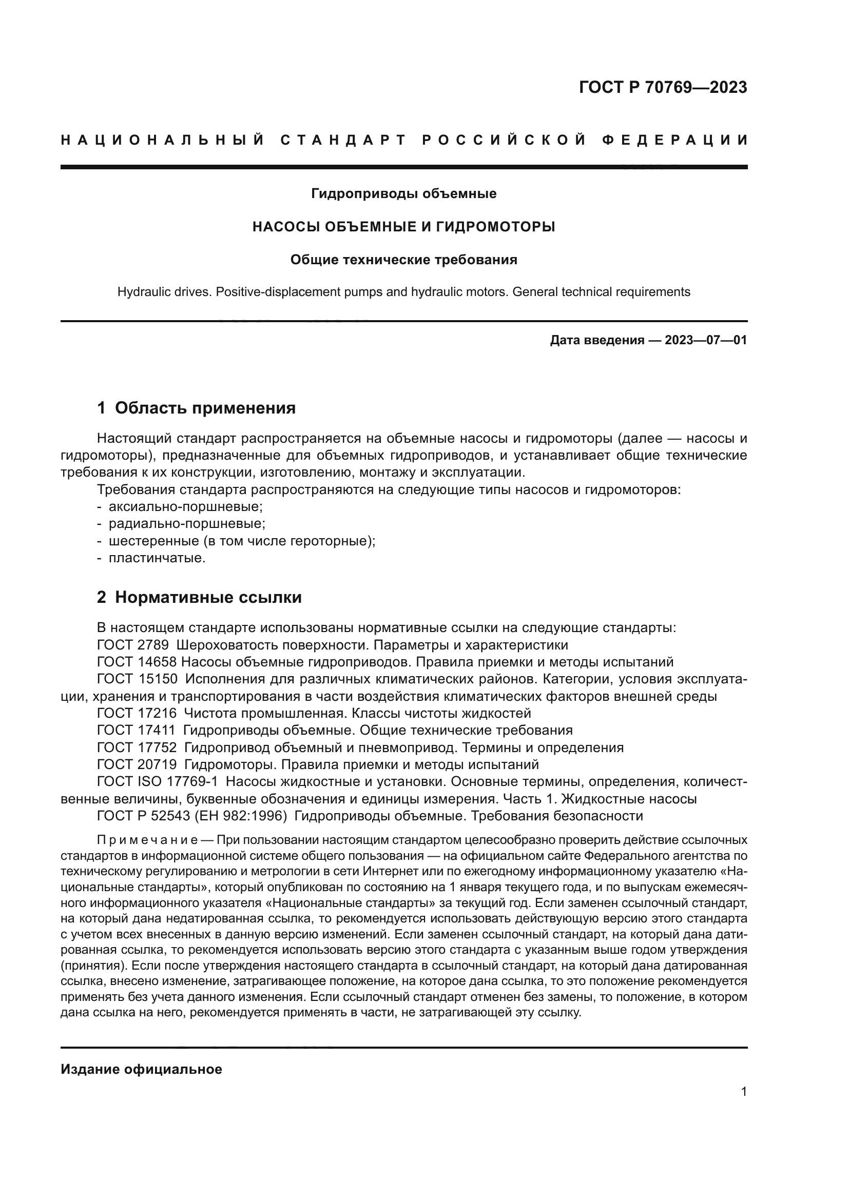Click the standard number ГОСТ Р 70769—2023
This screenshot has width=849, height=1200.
coord(662,87)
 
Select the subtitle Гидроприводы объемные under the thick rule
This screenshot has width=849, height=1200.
coord(403,194)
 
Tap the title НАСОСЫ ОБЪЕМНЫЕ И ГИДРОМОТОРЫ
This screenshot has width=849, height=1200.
coord(403,227)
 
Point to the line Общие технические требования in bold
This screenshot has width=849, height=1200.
coord(403,260)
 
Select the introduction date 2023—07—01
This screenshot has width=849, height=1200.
coord(705,340)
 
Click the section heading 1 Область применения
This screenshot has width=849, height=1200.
coord(196,408)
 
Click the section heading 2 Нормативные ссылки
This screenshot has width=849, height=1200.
coord(199,597)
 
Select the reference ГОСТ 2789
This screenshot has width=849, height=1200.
coord(133,645)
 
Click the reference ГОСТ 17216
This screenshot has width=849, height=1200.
coord(137,714)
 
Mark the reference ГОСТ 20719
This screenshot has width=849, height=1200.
coord(137,764)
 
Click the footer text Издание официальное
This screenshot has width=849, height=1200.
coord(141,1069)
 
